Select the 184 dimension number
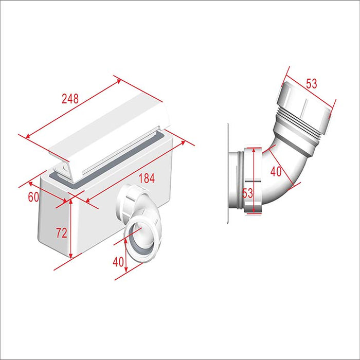tap(146, 178)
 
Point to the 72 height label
tap(61, 232)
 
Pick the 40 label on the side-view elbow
tap(276, 171)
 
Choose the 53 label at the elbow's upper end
tap(311, 83)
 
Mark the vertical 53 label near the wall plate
tap(248, 192)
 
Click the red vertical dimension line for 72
tap(69, 231)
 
